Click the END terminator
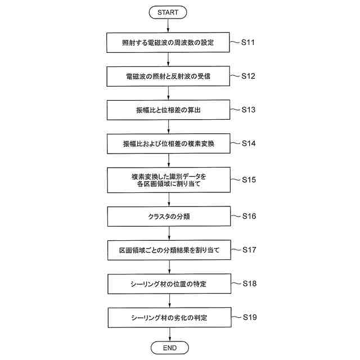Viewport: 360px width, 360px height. pyautogui.click(x=169, y=348)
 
